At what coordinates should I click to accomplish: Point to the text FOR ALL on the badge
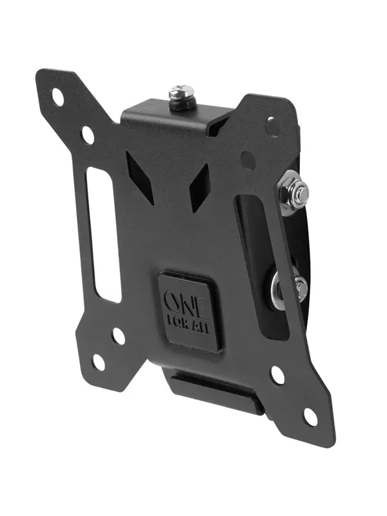click(x=189, y=326)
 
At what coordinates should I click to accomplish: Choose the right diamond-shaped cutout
click(x=199, y=188)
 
